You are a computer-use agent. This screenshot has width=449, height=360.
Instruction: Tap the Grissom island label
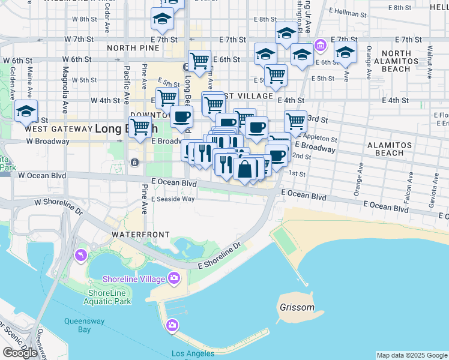click(x=297, y=307)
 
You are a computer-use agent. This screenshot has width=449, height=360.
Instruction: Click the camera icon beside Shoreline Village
click(x=174, y=277)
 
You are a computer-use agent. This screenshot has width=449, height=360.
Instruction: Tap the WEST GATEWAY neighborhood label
click(x=53, y=128)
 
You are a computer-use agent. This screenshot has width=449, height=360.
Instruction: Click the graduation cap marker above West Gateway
click(x=26, y=111)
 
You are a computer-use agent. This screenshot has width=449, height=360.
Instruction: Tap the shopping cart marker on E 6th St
click(x=199, y=61)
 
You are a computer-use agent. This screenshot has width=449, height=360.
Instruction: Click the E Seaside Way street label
click(x=173, y=199)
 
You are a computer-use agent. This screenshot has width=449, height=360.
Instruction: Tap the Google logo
click(x=20, y=353)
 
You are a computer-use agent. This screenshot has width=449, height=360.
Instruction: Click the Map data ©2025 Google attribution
click(x=412, y=355)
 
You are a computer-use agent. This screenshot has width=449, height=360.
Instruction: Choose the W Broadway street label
click(x=47, y=142)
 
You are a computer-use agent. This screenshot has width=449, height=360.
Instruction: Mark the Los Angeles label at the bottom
click(x=193, y=353)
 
